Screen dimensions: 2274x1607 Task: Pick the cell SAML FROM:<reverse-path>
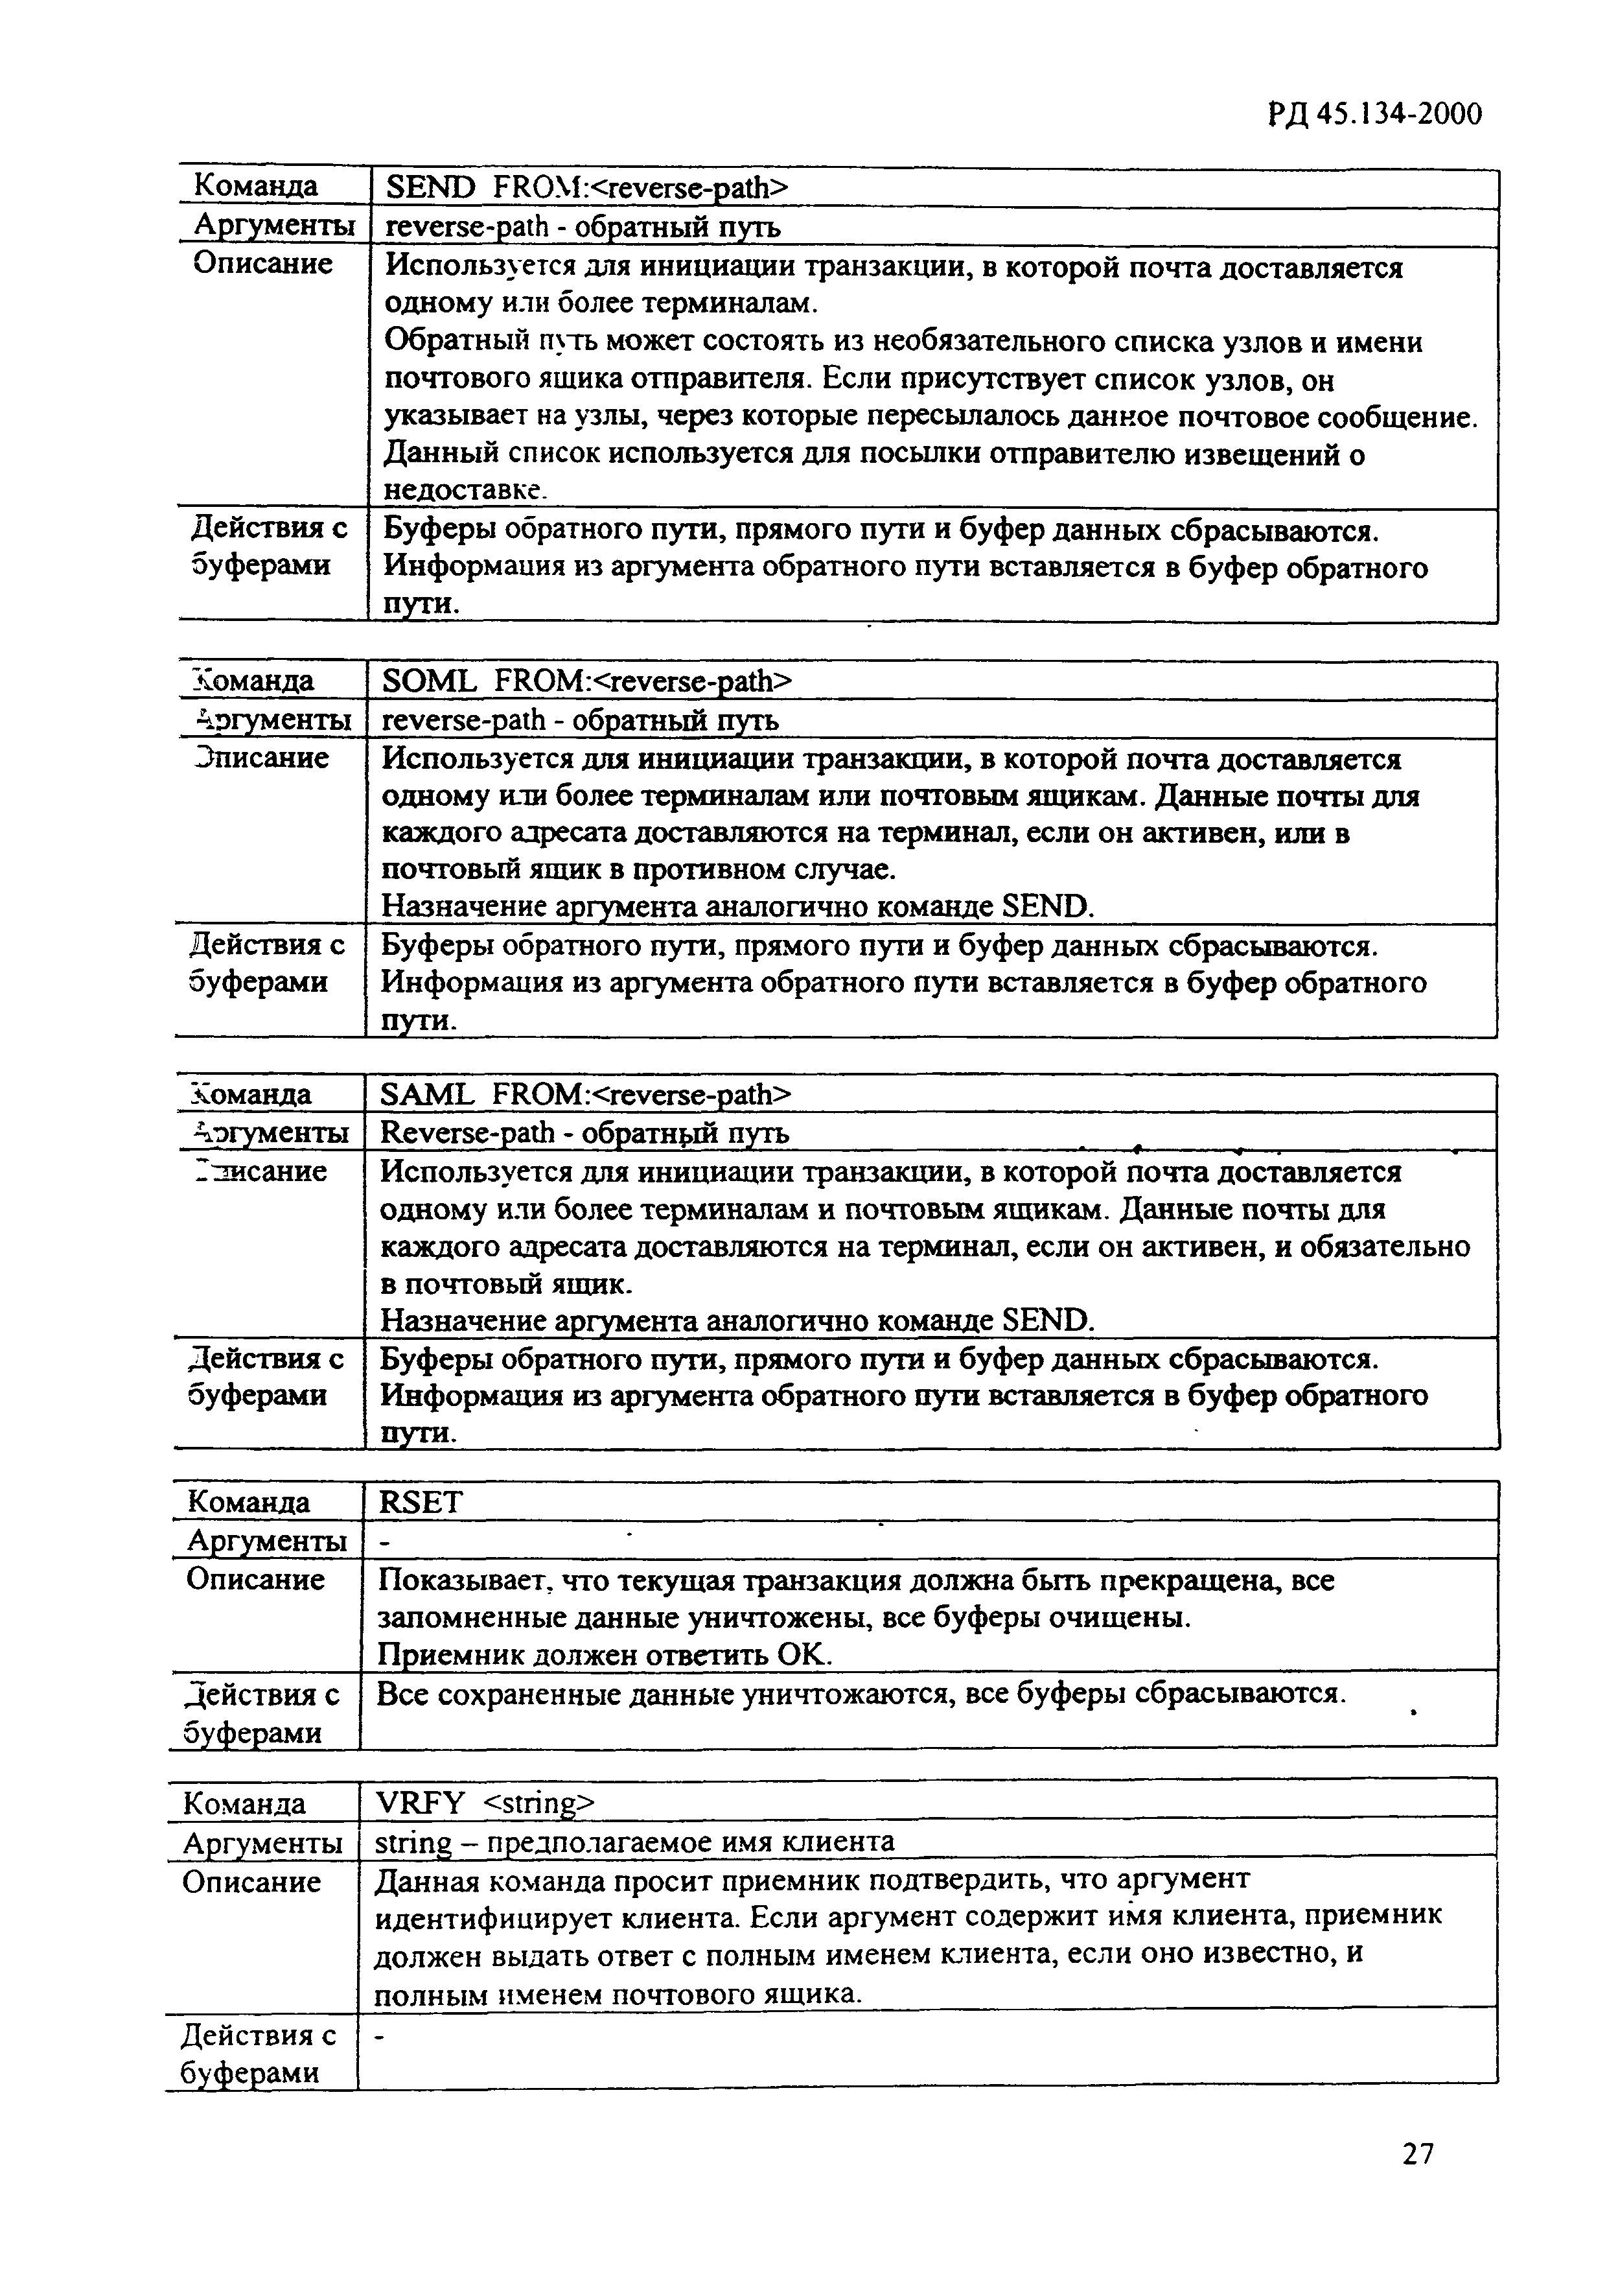point(586,1094)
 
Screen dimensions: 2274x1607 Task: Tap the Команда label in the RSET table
point(248,1503)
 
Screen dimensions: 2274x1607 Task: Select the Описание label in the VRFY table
point(251,1882)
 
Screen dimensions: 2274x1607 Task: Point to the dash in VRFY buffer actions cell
point(380,2037)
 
